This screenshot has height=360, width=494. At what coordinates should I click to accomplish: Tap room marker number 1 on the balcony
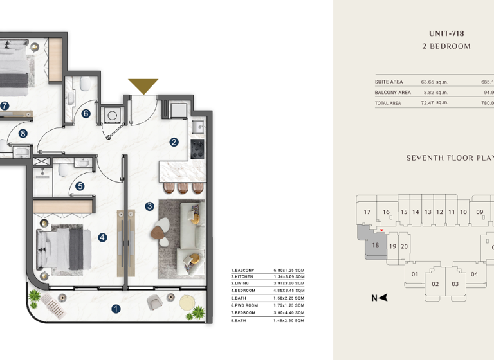pyautogui.click(x=116, y=309)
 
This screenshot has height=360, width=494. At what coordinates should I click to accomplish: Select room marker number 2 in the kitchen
pyautogui.click(x=174, y=142)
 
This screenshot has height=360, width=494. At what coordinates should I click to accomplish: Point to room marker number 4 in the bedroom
pyautogui.click(x=80, y=186)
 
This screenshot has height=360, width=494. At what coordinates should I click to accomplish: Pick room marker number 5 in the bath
pyautogui.click(x=86, y=114)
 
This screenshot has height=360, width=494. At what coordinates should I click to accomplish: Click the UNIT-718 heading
pyautogui.click(x=446, y=33)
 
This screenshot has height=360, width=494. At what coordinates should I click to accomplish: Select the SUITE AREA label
pyautogui.click(x=389, y=82)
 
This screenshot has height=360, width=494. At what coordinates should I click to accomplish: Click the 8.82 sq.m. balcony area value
pyautogui.click(x=434, y=93)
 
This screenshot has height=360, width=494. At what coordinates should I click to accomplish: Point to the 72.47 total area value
pyautogui.click(x=434, y=103)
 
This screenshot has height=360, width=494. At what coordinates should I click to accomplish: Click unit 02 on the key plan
pyautogui.click(x=435, y=284)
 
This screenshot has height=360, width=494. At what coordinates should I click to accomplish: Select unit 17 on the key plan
pyautogui.click(x=367, y=212)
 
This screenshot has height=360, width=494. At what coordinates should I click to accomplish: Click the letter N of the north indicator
pyautogui.click(x=374, y=298)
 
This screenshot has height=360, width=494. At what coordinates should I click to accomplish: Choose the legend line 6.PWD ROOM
pyautogui.click(x=245, y=305)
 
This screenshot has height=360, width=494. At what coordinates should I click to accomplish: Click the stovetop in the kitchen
pyautogui.click(x=197, y=148)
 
